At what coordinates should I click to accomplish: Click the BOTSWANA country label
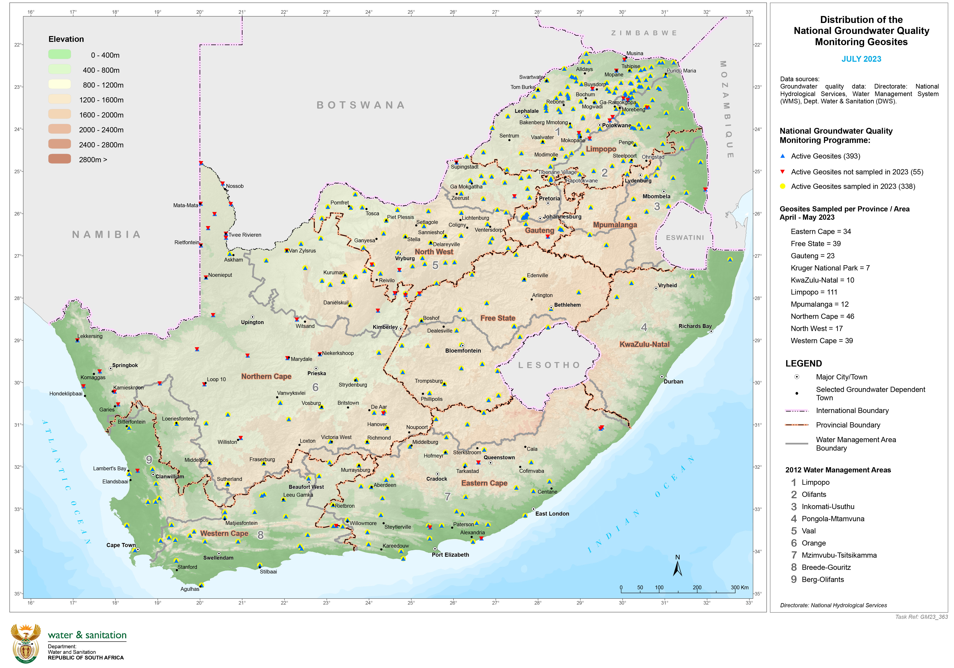point(361,105)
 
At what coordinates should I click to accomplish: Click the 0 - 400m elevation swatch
point(59,54)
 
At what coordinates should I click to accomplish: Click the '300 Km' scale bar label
point(740,587)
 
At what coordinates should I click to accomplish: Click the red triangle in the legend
point(782,171)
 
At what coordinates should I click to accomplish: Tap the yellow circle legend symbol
point(782,186)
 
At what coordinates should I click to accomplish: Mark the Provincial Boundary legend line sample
point(796,425)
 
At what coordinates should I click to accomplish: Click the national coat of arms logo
point(26,643)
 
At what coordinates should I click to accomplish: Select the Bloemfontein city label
point(463,351)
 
